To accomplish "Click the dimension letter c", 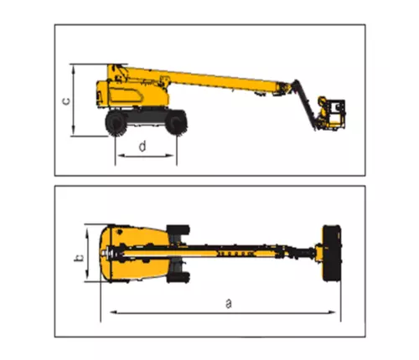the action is click(x=66, y=100).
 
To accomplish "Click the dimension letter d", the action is click(x=142, y=147).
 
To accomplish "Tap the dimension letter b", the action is click(x=79, y=258).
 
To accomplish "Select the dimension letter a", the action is click(x=229, y=304).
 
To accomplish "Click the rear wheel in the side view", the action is click(x=116, y=123).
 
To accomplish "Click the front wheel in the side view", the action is click(x=176, y=122).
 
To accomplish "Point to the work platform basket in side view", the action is click(x=332, y=113).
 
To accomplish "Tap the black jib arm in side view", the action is click(x=304, y=104).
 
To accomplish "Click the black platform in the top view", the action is click(x=332, y=253).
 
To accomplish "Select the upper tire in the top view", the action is click(x=178, y=230).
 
